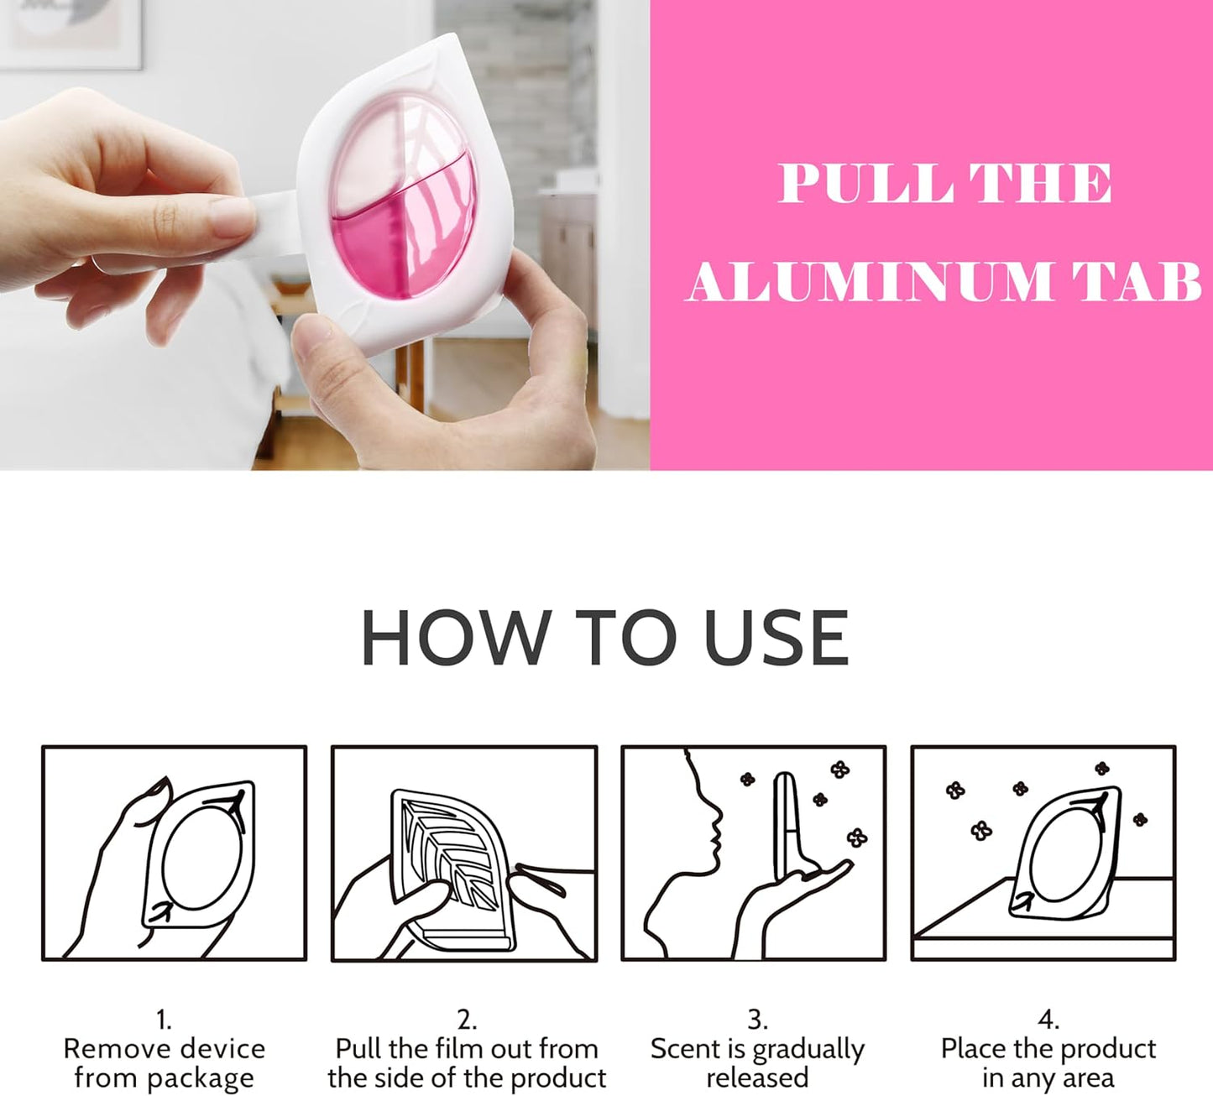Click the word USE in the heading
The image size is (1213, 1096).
[x=776, y=638]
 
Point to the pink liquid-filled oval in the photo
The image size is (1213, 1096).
[x=403, y=203]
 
